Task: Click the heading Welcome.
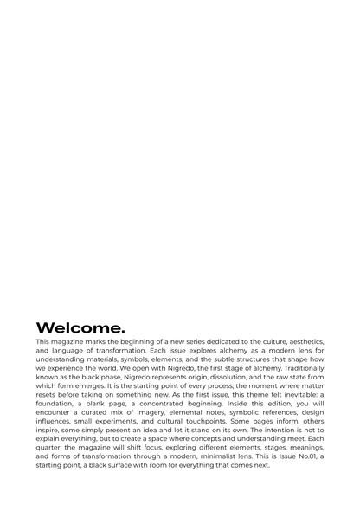[x=80, y=327]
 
